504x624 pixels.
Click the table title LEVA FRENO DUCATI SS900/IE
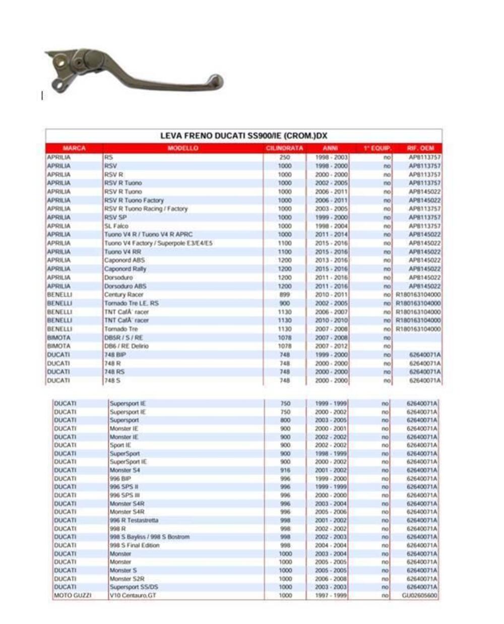(x=244, y=136)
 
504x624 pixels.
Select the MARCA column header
(x=74, y=148)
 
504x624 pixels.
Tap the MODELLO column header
(x=183, y=148)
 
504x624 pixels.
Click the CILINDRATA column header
(x=285, y=148)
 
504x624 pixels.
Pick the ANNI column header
(x=330, y=148)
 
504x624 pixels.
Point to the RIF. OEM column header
(x=420, y=148)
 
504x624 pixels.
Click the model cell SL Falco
(x=116, y=226)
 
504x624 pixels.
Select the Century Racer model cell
(x=124, y=295)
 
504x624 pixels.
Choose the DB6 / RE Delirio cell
(x=127, y=346)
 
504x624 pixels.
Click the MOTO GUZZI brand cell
(x=73, y=595)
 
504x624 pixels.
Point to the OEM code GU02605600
(x=420, y=595)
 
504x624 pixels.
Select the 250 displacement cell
(x=285, y=157)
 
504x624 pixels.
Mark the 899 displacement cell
(x=285, y=295)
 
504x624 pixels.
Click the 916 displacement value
(x=285, y=470)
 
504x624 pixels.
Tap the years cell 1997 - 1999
(x=331, y=595)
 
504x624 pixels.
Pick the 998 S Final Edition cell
(x=135, y=545)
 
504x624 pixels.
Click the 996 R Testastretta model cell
(x=134, y=520)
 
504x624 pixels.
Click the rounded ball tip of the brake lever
(x=217, y=82)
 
